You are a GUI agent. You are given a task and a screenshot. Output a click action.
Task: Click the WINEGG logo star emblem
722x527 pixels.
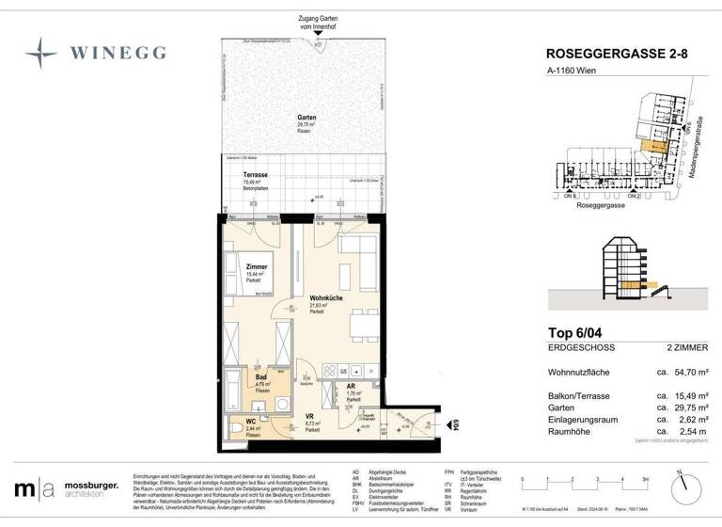point(40,51)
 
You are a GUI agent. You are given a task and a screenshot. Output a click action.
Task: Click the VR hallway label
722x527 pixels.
point(310,415)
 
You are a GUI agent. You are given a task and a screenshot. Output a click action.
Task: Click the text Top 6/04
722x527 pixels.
point(575,331)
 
